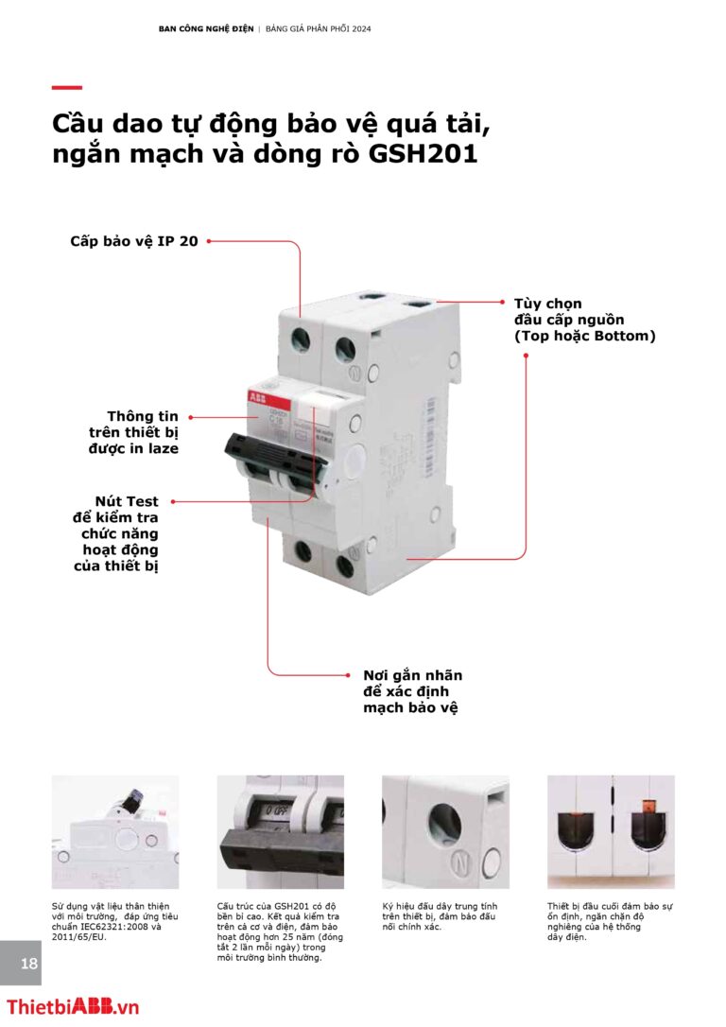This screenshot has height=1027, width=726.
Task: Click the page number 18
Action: tap(29, 964)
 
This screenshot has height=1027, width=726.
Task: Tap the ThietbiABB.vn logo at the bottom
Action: tap(73, 1007)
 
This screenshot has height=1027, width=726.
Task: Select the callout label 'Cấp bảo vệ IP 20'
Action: tap(133, 241)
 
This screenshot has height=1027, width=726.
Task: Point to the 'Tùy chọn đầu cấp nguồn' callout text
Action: tap(583, 320)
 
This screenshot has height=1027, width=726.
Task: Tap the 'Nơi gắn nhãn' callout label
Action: tap(413, 691)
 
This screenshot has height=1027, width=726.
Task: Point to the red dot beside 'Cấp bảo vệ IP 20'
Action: tap(208, 241)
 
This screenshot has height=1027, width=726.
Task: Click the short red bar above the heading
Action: tap(66, 88)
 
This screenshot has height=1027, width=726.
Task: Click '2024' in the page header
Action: tap(360, 28)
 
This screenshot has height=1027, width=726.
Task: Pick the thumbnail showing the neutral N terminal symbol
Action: tap(445, 832)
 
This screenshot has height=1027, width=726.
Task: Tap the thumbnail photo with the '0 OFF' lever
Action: tap(280, 832)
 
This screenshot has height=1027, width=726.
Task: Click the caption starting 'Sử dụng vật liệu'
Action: tap(114, 921)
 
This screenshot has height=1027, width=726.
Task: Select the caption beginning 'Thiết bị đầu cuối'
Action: tap(611, 921)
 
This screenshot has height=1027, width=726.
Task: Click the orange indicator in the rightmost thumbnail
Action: tap(648, 807)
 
